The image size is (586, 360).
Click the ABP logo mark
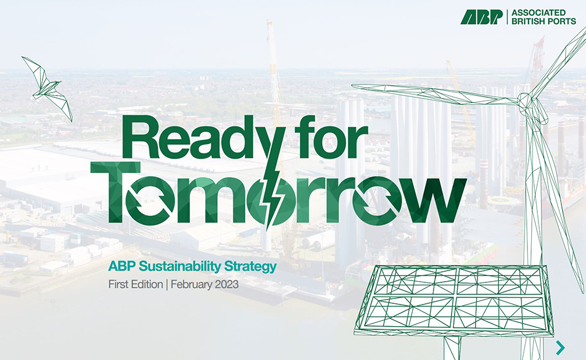482,17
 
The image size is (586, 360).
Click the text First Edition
135,285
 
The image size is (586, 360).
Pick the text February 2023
204,285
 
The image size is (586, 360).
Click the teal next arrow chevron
560,347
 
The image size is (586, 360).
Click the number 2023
225,285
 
